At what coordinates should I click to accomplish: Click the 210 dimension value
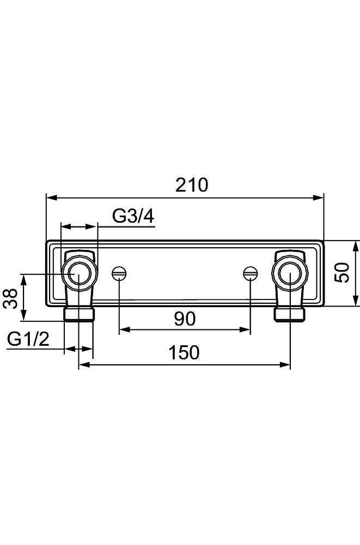coord(191,185)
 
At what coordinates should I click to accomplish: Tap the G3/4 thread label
coord(133,217)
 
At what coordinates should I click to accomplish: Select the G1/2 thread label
coord(28,339)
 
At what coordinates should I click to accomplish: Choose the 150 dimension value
coord(184,352)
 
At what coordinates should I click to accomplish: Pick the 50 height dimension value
coord(343,273)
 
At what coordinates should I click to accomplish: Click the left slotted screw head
coord(119,273)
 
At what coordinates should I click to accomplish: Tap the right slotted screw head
coord(250,273)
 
